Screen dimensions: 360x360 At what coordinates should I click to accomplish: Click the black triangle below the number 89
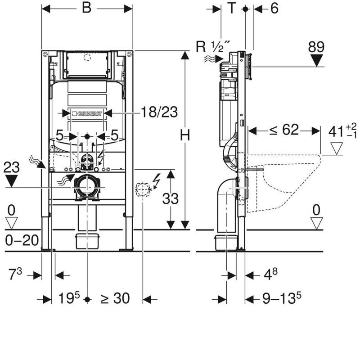(318, 60)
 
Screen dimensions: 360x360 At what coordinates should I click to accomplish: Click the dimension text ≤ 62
(284, 130)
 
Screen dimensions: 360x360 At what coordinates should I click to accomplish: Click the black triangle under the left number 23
(11, 181)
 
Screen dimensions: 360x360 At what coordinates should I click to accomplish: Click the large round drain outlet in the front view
(87, 187)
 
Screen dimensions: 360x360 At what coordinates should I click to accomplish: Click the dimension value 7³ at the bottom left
(15, 273)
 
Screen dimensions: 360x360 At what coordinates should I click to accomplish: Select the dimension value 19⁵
(68, 298)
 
